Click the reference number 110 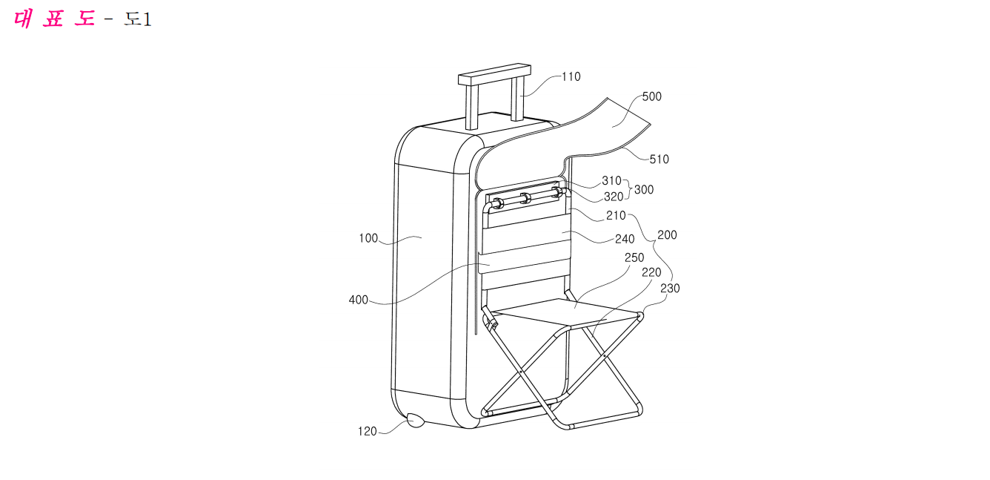(571, 77)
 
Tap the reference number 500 (652, 96)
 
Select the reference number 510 (659, 160)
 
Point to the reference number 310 (611, 180)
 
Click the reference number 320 (614, 197)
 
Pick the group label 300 (644, 190)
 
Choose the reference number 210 (616, 215)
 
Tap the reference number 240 (625, 240)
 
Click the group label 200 (667, 235)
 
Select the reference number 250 (634, 257)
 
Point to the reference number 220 (651, 272)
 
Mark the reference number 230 (670, 289)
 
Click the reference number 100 (368, 238)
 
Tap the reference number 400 (359, 300)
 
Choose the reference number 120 (368, 431)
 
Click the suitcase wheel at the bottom (415, 420)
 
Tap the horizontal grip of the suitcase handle (494, 74)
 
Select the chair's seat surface (567, 312)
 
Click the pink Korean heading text (54, 19)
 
